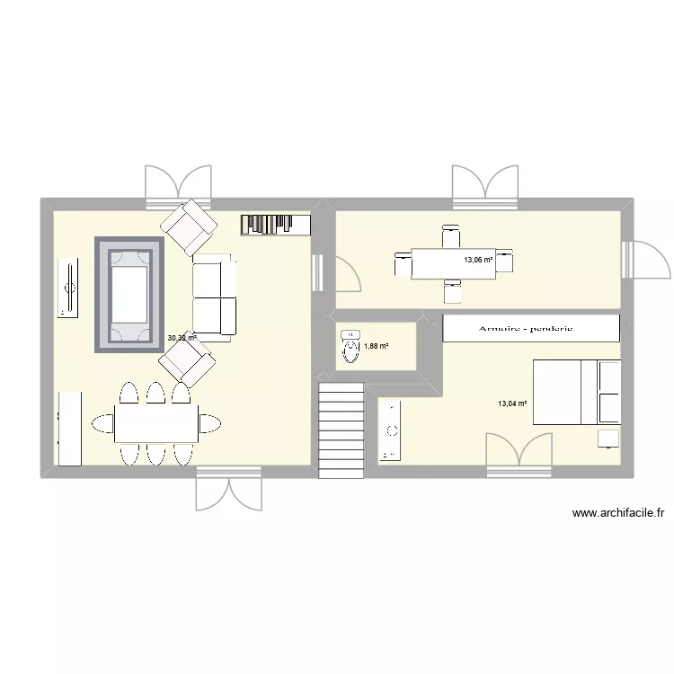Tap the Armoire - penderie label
(x=531, y=329)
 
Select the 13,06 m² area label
(x=477, y=260)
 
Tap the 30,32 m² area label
(x=182, y=339)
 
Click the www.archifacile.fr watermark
(x=617, y=513)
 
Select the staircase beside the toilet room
(x=341, y=424)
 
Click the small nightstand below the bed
(x=609, y=438)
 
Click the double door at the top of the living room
(x=179, y=186)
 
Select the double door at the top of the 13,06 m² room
(x=485, y=186)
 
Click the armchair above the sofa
(x=189, y=226)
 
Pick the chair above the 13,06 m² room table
(x=451, y=238)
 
